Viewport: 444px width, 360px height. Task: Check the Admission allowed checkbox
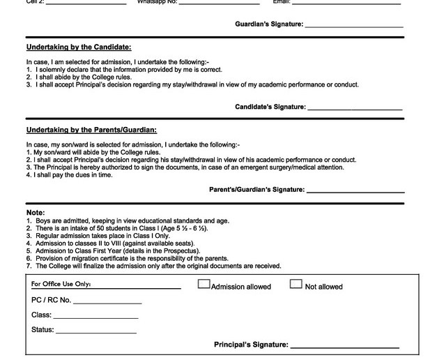(x=204, y=284)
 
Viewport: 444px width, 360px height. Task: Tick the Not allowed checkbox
(x=296, y=284)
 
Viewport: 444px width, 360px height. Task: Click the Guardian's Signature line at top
(x=354, y=27)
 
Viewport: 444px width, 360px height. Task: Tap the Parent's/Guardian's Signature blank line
(x=355, y=191)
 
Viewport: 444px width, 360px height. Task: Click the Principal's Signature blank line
(x=344, y=347)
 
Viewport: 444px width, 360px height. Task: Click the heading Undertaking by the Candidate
(x=78, y=47)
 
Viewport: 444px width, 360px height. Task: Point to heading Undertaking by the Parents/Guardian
(x=91, y=130)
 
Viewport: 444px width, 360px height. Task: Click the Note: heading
(x=36, y=212)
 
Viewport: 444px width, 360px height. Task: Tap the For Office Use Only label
(x=61, y=285)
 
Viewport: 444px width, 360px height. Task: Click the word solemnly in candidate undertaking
(x=56, y=70)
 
